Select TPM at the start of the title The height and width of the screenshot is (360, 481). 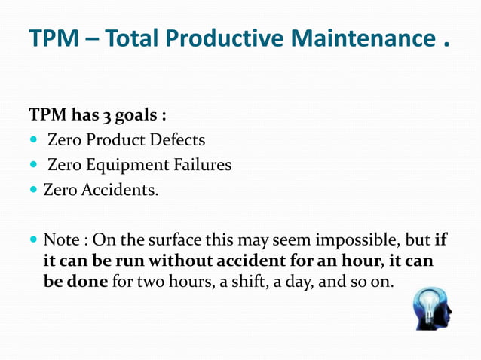pyautogui.click(x=53, y=38)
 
